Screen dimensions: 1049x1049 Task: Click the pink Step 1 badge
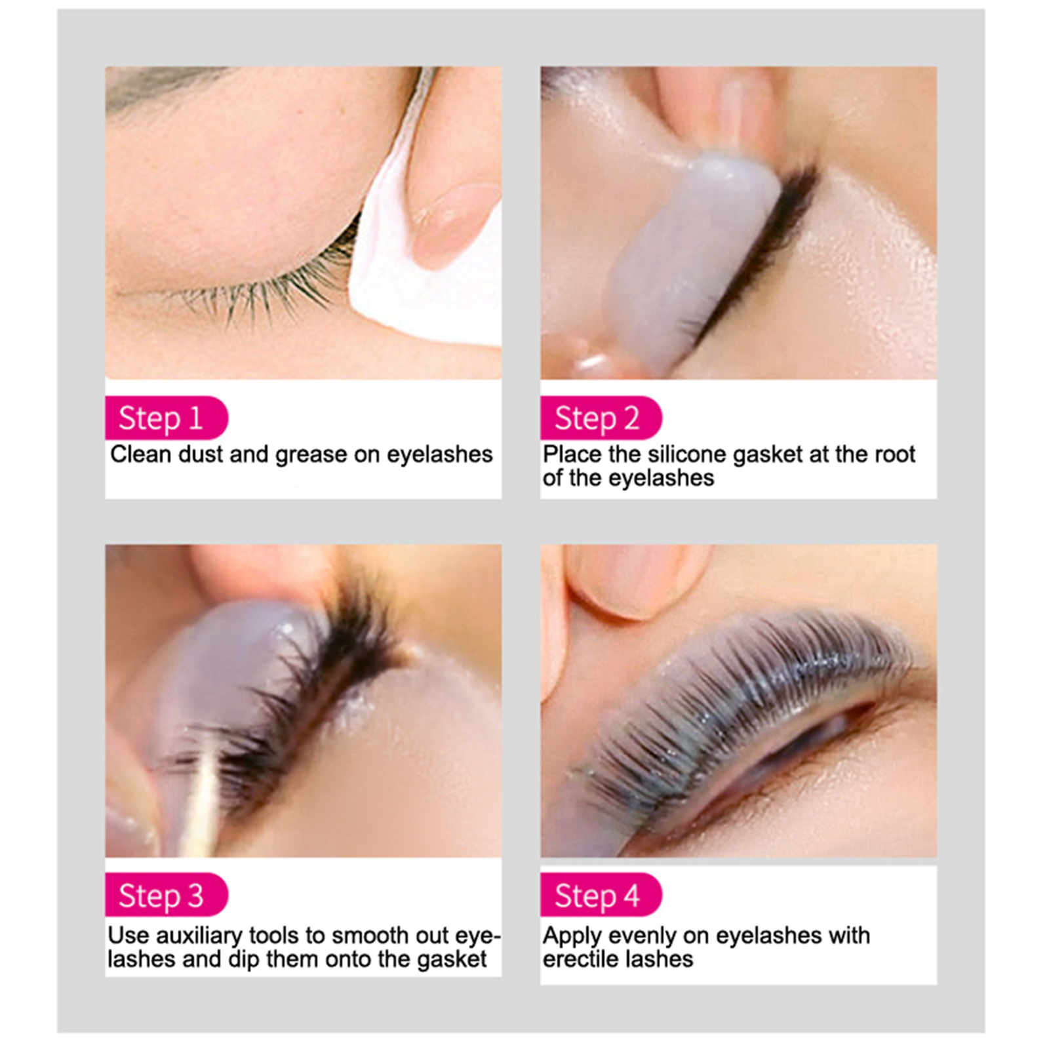pyautogui.click(x=167, y=418)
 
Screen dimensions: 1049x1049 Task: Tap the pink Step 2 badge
pyautogui.click(x=601, y=418)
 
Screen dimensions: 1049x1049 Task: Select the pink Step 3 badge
pyautogui.click(x=167, y=895)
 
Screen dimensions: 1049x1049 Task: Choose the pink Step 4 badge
pyautogui.click(x=601, y=895)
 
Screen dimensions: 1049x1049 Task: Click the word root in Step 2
pyautogui.click(x=895, y=454)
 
